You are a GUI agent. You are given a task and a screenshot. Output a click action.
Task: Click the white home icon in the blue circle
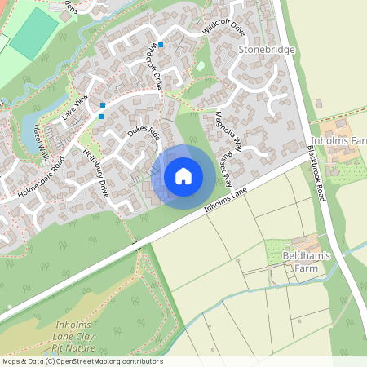[x=183, y=175]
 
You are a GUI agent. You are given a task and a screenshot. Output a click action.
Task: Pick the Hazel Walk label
[x=41, y=143]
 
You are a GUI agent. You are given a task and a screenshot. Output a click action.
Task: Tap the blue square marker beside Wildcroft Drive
[x=161, y=44]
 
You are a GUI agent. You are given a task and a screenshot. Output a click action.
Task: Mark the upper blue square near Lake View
[x=103, y=104]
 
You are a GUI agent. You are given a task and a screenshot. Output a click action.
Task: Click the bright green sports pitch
[x=34, y=33]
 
